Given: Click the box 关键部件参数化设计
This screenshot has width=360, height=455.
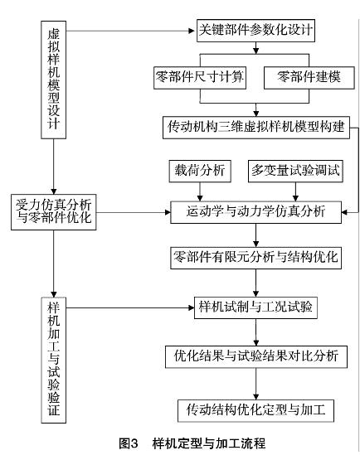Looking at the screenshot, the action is [x=255, y=31].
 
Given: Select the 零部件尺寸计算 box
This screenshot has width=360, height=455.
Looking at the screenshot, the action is [x=200, y=77].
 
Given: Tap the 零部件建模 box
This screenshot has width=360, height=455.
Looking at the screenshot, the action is [x=309, y=77].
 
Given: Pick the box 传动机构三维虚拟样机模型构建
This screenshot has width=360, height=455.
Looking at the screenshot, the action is [x=256, y=128].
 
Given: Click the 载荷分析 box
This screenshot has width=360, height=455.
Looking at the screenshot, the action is [x=200, y=171].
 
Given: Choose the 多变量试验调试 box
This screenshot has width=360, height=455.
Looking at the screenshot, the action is [x=295, y=171].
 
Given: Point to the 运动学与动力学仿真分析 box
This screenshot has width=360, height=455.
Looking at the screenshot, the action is [x=255, y=212].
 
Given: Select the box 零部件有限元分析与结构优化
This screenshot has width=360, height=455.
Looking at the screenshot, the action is [x=255, y=258].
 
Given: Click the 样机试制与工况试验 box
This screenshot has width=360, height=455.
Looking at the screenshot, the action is [x=255, y=307].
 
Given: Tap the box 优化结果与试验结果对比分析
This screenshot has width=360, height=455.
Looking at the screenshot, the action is [x=256, y=357].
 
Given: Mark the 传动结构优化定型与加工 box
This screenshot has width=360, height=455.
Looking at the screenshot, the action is [x=255, y=411].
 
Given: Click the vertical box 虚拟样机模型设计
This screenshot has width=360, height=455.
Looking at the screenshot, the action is [x=53, y=80].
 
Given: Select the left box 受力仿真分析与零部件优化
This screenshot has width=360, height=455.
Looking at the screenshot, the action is [x=53, y=212].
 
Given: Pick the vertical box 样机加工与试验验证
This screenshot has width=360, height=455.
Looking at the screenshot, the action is [x=53, y=361].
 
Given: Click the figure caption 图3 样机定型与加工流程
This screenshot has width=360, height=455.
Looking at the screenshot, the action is [x=192, y=443].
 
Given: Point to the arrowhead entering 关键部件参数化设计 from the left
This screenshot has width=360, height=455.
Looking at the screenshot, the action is [x=192, y=31].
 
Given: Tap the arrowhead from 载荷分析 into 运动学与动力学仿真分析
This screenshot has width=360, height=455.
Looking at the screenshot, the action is [x=200, y=198].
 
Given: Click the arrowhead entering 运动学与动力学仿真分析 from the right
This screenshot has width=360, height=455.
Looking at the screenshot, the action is [x=344, y=212].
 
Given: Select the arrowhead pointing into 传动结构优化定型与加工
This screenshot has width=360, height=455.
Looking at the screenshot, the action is [x=255, y=397].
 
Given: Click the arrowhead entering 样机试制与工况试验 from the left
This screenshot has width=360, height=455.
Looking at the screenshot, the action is [x=191, y=307].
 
